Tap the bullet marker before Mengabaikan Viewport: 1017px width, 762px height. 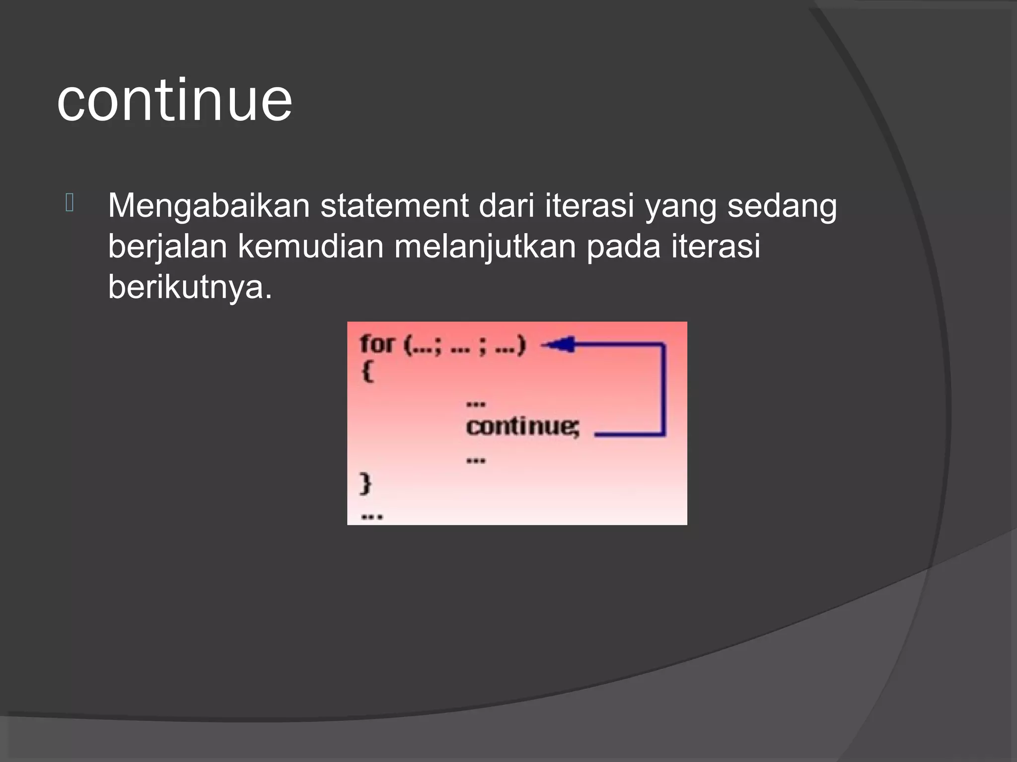[70, 204]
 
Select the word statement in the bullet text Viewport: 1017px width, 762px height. [394, 206]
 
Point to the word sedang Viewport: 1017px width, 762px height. [782, 206]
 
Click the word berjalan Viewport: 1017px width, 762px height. [167, 247]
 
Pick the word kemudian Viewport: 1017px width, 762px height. [310, 247]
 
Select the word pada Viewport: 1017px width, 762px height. [623, 247]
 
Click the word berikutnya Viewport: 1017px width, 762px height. [190, 287]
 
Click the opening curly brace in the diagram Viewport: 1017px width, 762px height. [367, 372]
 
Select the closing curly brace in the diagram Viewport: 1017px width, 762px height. [365, 484]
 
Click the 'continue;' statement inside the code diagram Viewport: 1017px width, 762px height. [522, 427]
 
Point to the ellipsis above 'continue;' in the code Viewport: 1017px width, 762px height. [476, 404]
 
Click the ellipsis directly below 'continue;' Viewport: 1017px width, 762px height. [476, 461]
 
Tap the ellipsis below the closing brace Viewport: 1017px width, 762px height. [372, 517]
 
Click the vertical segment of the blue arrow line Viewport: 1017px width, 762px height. [663, 389]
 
